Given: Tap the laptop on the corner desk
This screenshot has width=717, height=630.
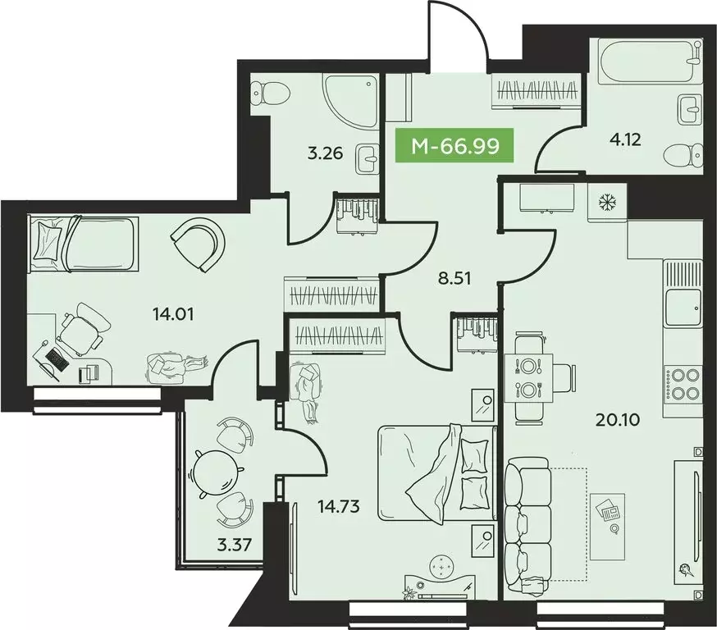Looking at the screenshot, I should point(55,359).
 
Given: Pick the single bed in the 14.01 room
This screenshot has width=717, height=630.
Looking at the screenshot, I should point(82,244).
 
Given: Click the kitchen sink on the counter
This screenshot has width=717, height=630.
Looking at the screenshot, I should point(683,308).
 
